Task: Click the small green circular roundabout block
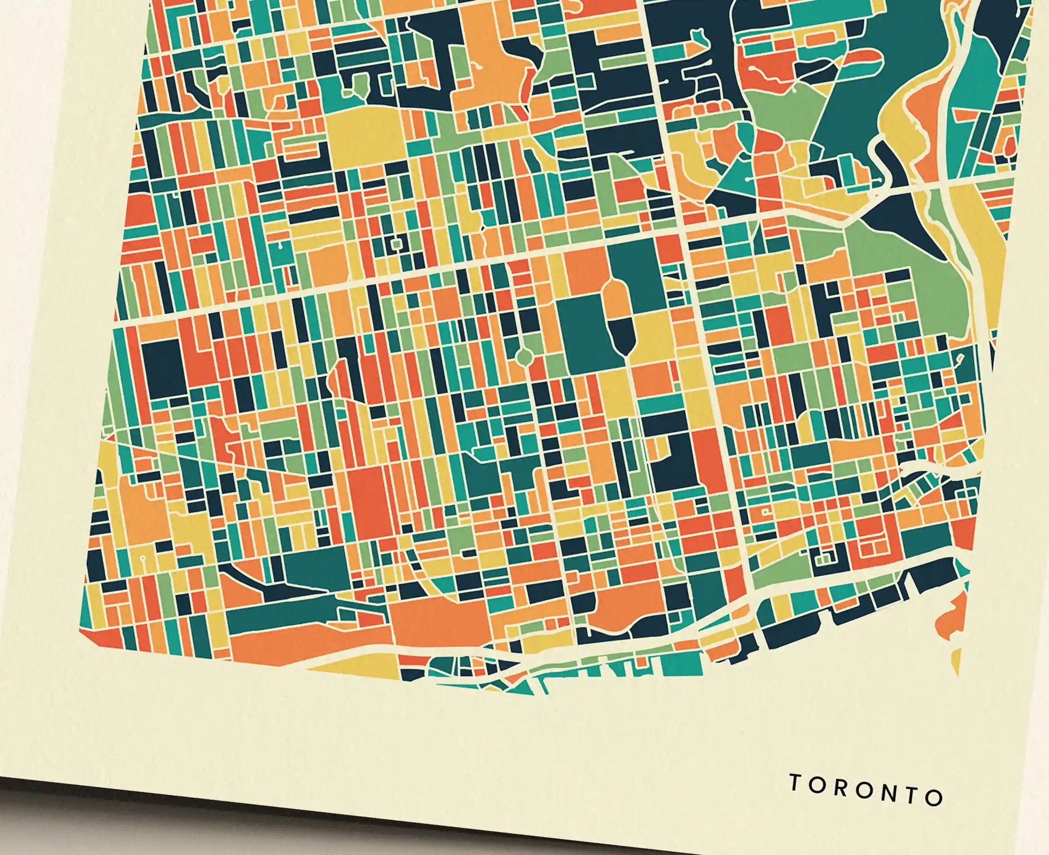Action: tap(522, 356)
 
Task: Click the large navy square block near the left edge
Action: tap(163, 369)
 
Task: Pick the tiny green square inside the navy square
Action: tap(397, 244)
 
